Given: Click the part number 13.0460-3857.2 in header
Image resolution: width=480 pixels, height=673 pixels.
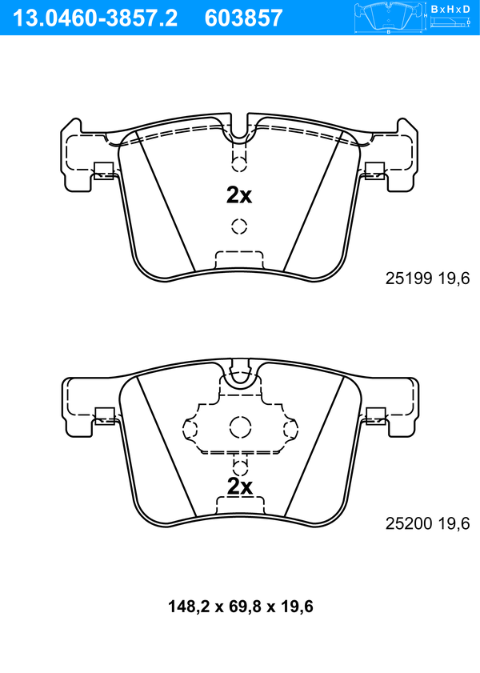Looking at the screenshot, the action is pyautogui.click(x=94, y=18).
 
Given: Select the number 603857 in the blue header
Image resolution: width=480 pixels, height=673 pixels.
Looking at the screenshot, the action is pyautogui.click(x=244, y=18).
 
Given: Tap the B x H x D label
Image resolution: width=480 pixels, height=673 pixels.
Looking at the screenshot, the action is pyautogui.click(x=450, y=9).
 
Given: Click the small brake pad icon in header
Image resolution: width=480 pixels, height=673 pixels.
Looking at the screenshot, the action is pyautogui.click(x=389, y=18).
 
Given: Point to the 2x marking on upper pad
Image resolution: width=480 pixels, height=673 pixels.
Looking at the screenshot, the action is pyautogui.click(x=239, y=195).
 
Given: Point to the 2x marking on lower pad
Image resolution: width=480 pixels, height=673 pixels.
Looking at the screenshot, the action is pyautogui.click(x=240, y=487).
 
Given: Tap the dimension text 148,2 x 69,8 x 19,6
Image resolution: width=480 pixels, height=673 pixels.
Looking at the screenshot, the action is pyautogui.click(x=240, y=607).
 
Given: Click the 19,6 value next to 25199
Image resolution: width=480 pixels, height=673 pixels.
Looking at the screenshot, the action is pyautogui.click(x=454, y=278).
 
